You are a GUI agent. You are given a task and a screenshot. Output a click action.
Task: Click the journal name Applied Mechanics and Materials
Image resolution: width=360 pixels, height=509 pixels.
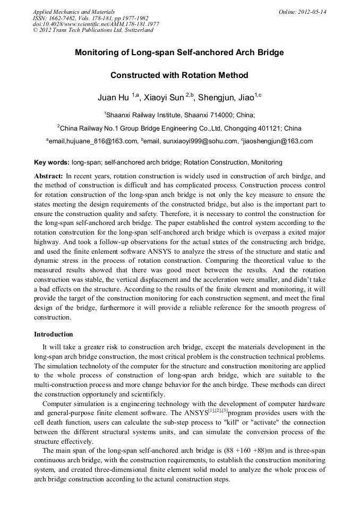coord(74,12)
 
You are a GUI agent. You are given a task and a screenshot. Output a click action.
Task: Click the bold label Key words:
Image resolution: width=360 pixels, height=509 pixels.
coord(52,162)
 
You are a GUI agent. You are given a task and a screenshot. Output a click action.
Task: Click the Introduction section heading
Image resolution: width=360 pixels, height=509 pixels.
coord(54,334)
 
